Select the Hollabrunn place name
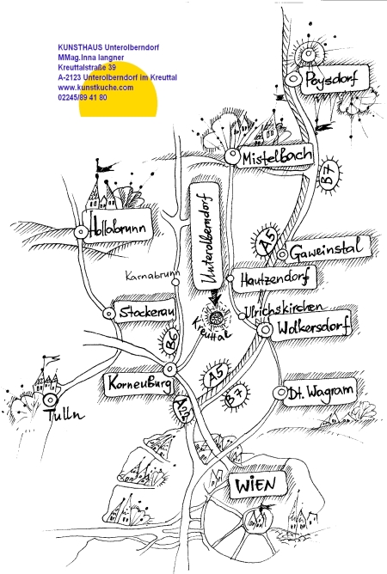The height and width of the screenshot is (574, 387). click(x=118, y=227)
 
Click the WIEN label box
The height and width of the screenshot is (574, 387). click(x=256, y=485)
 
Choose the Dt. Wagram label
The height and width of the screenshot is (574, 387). click(x=320, y=393)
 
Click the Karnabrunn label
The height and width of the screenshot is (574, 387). click(x=152, y=275)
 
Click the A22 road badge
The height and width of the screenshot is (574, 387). click(x=182, y=408)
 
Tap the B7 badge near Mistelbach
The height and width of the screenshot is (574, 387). click(x=329, y=174)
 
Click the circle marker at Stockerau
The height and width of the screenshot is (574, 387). click(x=109, y=314)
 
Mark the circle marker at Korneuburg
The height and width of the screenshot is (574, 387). click(x=170, y=369)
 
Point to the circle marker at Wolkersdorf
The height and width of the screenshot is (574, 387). click(x=264, y=330)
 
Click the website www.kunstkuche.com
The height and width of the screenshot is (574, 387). click(x=95, y=88)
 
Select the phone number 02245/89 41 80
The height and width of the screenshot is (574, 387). click(x=83, y=97)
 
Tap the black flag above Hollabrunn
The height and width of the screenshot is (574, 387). click(x=105, y=167)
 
